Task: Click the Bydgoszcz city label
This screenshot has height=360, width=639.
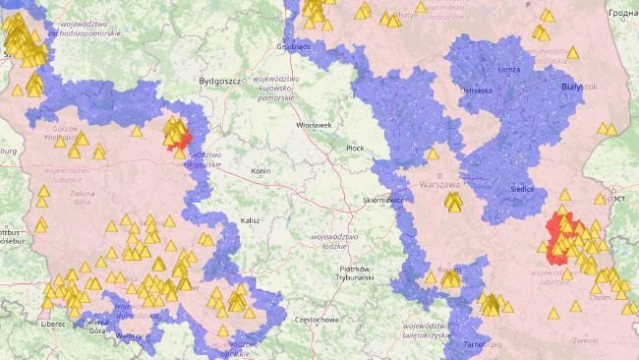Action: [x=220, y=81]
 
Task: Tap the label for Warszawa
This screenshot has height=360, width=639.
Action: [x=438, y=184]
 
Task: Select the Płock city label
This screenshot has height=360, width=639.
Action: [x=355, y=148]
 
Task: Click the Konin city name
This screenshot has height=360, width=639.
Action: [x=261, y=170]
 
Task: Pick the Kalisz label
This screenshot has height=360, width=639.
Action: [x=249, y=220]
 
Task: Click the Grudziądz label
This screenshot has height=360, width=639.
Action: [x=294, y=45]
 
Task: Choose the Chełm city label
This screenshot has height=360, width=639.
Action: [x=601, y=295]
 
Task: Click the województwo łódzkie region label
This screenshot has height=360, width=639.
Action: [x=330, y=241]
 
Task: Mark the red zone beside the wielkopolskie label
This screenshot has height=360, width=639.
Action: [x=178, y=136]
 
